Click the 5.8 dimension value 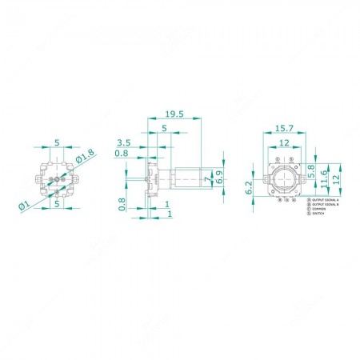[311, 170]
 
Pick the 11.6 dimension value [322, 178]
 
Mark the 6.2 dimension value [250, 188]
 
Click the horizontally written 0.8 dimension [122, 153]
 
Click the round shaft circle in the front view [284, 179]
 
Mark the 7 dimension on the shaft [207, 181]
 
